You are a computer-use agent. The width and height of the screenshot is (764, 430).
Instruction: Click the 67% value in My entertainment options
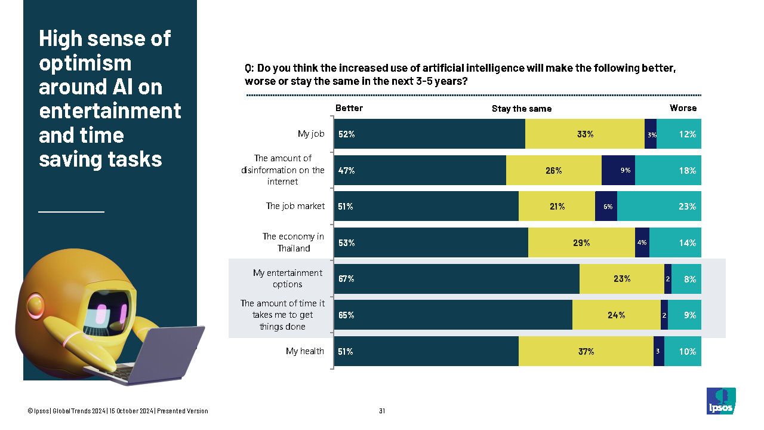(x=347, y=279)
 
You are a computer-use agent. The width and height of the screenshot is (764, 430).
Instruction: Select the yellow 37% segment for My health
(x=586, y=352)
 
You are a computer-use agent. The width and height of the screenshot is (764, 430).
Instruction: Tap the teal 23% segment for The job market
(x=659, y=207)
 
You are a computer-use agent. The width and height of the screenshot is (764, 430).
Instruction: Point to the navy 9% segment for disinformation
(x=618, y=171)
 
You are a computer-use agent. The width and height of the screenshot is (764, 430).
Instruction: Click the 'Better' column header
(x=349, y=108)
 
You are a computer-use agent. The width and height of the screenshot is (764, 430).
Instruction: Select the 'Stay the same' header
(x=522, y=109)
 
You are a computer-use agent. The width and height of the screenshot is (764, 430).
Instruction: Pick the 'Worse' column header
(x=683, y=108)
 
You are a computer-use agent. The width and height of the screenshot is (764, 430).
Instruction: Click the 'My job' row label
(x=311, y=134)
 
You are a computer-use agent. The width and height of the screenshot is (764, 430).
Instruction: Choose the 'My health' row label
(x=305, y=351)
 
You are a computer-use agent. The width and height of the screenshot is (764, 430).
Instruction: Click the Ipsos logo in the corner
(x=721, y=401)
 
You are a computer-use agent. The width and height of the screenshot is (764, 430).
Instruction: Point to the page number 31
(x=382, y=411)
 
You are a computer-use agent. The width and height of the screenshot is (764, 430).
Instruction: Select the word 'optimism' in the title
(x=85, y=63)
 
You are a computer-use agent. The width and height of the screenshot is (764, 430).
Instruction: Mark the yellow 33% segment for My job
(x=585, y=134)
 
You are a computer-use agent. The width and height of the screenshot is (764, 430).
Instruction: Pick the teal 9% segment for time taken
(x=685, y=315)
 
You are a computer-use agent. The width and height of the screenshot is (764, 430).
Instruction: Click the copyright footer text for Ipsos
(x=118, y=411)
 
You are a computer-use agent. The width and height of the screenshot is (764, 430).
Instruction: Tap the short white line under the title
(x=71, y=211)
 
